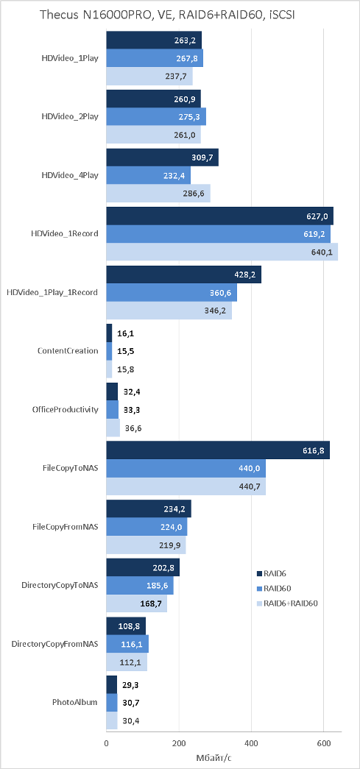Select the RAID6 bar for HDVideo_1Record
point(219,216)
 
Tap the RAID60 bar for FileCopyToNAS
point(186,468)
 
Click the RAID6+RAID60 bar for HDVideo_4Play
point(158,194)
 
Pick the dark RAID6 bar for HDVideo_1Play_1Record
point(184,274)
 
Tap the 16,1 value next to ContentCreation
point(126,333)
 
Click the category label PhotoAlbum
point(75,702)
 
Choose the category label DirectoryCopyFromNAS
point(54,643)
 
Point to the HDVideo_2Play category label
point(70,116)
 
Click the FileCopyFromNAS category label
point(65,527)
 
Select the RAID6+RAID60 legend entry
point(288,603)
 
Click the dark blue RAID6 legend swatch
point(259,573)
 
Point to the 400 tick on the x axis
point(251,743)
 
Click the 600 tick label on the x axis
point(324,743)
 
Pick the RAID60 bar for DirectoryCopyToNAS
point(140,585)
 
